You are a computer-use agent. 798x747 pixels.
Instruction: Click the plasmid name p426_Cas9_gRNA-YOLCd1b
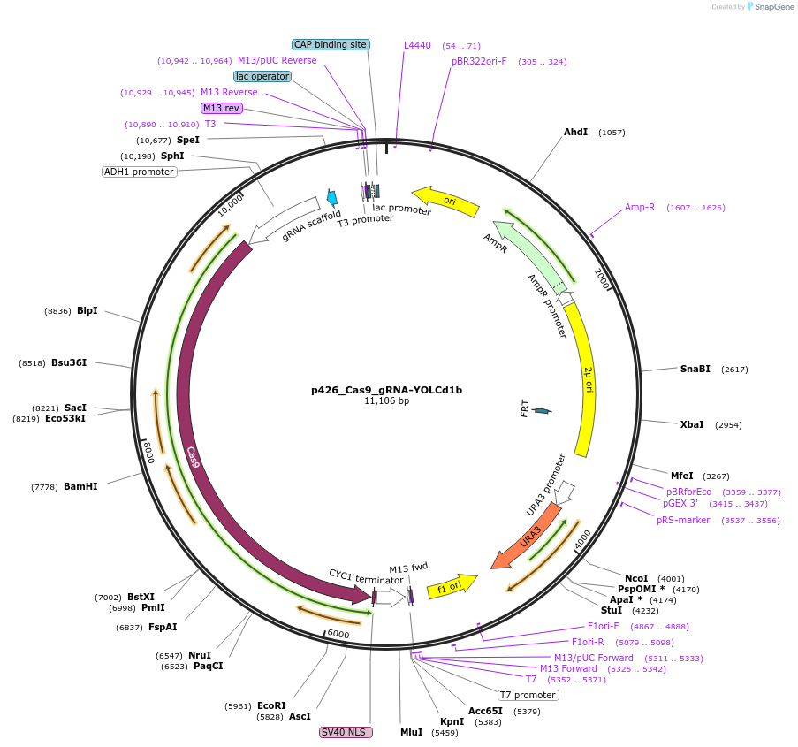point(386,389)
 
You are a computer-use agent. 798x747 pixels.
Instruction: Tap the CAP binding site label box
point(331,44)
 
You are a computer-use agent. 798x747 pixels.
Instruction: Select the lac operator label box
point(262,76)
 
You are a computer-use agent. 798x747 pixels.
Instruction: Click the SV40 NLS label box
point(346,732)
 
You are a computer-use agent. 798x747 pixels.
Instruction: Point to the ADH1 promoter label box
point(140,172)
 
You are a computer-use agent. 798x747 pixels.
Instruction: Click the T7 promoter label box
point(528,695)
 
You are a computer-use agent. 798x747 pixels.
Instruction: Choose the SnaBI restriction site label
point(695,369)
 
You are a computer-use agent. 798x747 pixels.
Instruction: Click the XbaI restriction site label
point(692,424)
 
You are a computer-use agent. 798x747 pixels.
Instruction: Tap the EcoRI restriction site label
point(271,705)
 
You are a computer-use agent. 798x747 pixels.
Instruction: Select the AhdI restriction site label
point(575,132)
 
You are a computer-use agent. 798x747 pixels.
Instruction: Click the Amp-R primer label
point(640,207)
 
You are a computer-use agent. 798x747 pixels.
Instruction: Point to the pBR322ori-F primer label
point(479,61)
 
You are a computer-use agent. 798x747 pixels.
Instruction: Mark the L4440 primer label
point(417,45)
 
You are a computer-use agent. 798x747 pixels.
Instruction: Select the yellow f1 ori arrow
point(451,586)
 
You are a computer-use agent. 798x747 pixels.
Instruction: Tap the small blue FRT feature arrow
point(542,410)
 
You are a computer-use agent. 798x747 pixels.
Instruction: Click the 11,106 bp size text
point(386,400)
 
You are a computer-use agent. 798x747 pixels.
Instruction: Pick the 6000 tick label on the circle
point(338,634)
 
